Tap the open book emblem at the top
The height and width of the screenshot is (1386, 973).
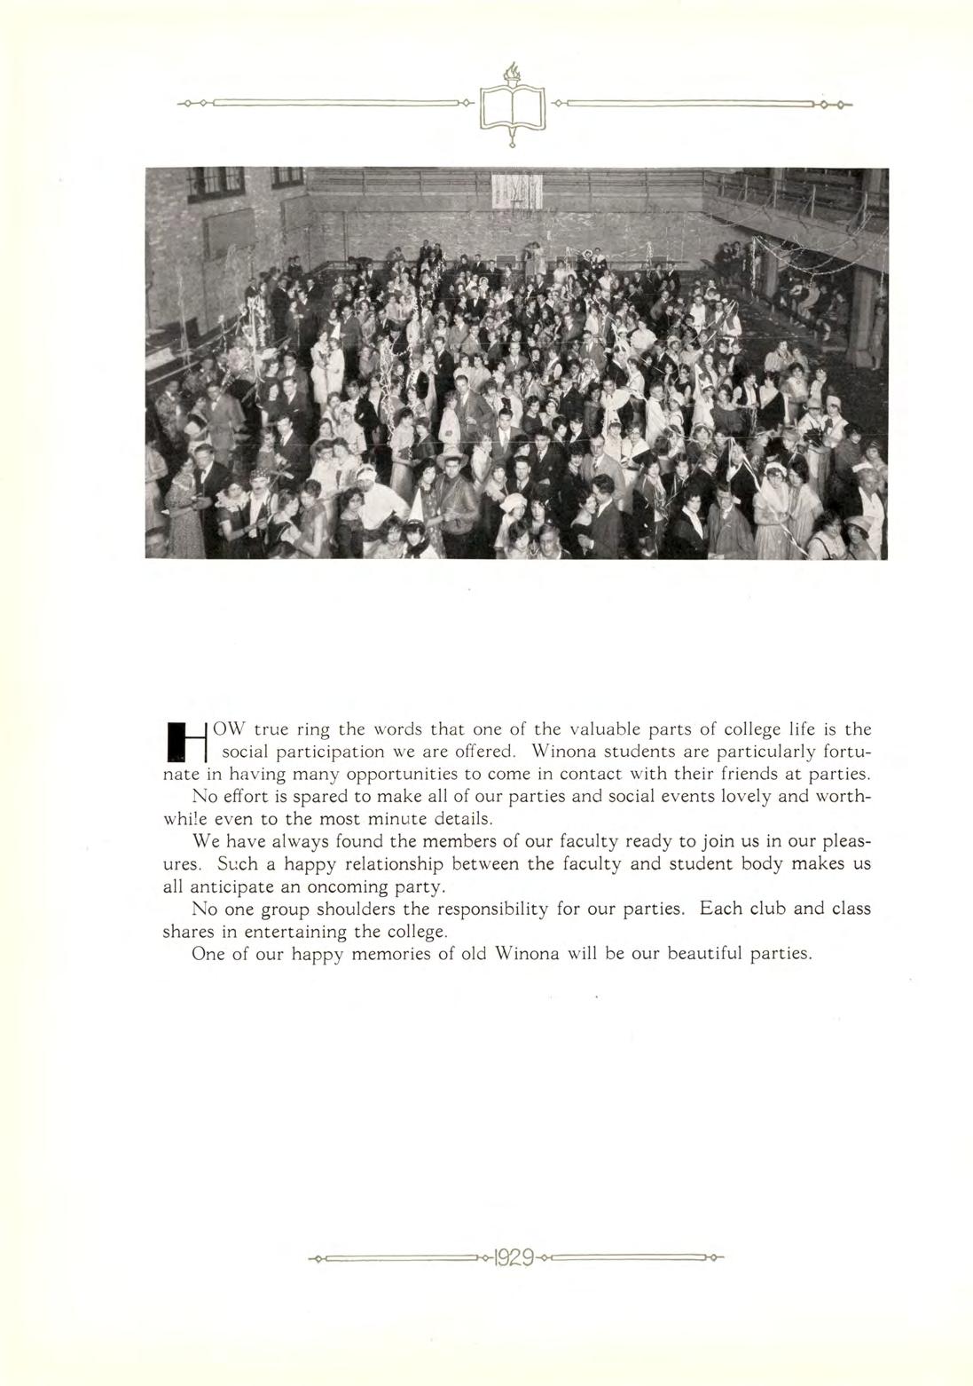click(x=512, y=108)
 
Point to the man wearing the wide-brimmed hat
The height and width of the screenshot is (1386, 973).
click(x=451, y=461)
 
